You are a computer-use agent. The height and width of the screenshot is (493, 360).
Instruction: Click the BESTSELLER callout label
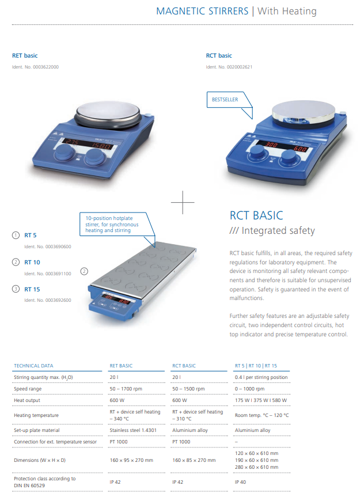pyautogui.click(x=225, y=100)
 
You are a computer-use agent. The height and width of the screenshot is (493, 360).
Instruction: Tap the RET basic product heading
pyautogui.click(x=25, y=56)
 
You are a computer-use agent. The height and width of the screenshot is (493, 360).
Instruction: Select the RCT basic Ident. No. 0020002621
pyautogui.click(x=229, y=67)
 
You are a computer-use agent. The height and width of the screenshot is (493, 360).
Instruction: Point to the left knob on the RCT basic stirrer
pyautogui.click(x=259, y=153)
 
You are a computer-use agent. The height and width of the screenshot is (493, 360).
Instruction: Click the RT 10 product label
pyautogui.click(x=32, y=262)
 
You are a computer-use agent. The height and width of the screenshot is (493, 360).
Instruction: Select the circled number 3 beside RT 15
pyautogui.click(x=16, y=289)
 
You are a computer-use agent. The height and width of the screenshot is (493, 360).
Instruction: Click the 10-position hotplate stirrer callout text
pyautogui.click(x=112, y=224)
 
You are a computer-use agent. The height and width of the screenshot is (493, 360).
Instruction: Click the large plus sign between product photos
pyautogui.click(x=183, y=203)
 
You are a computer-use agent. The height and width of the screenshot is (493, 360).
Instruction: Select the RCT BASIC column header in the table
pyautogui.click(x=184, y=366)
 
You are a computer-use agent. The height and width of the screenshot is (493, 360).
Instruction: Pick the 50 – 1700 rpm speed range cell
pyautogui.click(x=126, y=389)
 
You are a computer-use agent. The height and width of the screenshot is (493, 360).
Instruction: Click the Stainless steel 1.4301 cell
pyautogui.click(x=133, y=430)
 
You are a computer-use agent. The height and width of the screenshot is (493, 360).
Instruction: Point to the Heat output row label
pyautogui.click(x=27, y=400)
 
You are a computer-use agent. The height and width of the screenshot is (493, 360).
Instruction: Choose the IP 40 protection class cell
pyautogui.click(x=241, y=481)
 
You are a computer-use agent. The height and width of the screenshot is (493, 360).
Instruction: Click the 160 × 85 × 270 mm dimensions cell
pyautogui.click(x=194, y=460)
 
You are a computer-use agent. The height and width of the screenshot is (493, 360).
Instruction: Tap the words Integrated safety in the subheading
pyautogui.click(x=278, y=231)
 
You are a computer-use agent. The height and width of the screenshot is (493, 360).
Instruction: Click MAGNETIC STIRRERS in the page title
pyautogui.click(x=202, y=12)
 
